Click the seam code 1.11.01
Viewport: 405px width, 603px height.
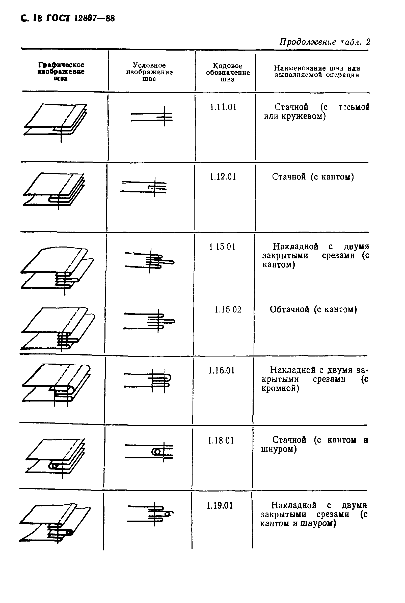click(x=223, y=107)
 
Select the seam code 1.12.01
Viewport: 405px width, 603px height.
click(x=223, y=177)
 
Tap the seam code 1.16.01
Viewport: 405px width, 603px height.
click(x=222, y=370)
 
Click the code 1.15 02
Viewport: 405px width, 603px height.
click(x=228, y=309)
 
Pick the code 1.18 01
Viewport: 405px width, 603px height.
click(x=221, y=440)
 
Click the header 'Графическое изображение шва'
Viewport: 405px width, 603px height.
click(x=61, y=72)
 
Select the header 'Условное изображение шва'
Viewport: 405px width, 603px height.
click(x=149, y=72)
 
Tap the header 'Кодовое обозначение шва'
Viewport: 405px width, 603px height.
click(x=228, y=73)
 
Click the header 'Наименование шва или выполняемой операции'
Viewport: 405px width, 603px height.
click(x=317, y=72)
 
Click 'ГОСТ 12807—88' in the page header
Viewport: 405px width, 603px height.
click(x=80, y=18)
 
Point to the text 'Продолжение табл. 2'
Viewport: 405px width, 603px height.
click(x=324, y=42)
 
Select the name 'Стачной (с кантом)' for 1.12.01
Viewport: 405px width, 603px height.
click(x=313, y=177)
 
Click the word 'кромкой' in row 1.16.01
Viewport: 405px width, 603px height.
click(x=280, y=388)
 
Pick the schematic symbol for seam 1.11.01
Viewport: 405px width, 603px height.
click(x=152, y=117)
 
